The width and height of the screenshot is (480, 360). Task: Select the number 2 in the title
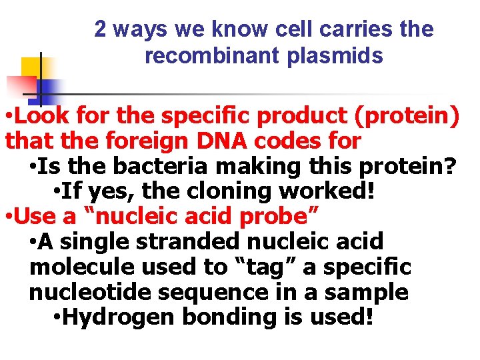pos(100,29)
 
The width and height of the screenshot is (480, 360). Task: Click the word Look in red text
pos(43,116)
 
